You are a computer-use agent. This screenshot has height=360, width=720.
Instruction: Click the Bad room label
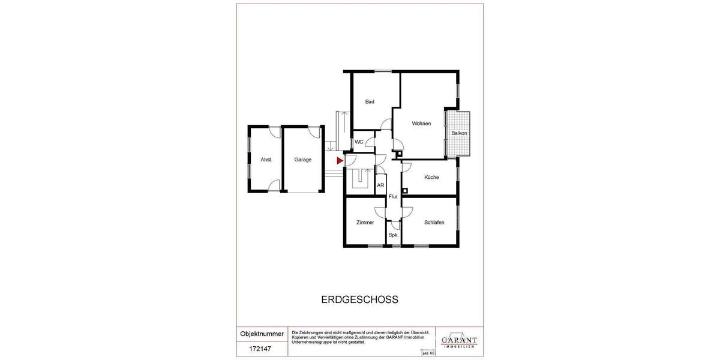tap(370, 102)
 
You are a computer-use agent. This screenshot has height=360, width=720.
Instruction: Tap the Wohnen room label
tap(421, 124)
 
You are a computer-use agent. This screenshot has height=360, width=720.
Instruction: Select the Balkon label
tap(459, 133)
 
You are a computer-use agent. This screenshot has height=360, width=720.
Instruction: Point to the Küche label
tap(431, 178)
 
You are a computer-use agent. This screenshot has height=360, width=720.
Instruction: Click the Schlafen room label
tap(434, 223)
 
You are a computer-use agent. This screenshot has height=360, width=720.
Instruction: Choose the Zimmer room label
tap(365, 223)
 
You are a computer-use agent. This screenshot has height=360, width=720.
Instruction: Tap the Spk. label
tap(394, 235)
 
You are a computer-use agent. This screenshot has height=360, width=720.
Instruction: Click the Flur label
tap(394, 197)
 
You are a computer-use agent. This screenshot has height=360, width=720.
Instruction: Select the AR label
tap(380, 185)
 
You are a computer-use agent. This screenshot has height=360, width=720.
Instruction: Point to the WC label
tap(359, 142)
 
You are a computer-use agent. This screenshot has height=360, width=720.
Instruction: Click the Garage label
tap(303, 160)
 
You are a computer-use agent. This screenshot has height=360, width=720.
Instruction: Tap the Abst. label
tap(266, 160)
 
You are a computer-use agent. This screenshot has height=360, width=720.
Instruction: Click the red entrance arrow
tap(340, 161)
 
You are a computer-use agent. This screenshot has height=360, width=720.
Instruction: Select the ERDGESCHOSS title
tap(360, 299)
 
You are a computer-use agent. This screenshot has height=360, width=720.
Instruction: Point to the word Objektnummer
tap(262, 334)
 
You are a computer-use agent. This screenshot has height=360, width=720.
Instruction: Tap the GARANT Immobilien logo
tap(459, 340)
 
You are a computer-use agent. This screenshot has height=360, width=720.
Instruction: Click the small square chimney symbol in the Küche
tap(404, 191)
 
